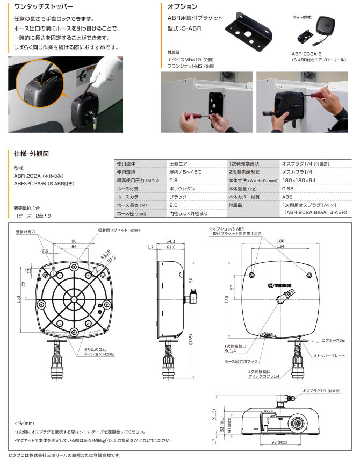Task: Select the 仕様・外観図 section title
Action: (x=32, y=153)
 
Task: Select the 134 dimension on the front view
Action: (x=281, y=246)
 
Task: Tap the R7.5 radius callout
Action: (x=112, y=258)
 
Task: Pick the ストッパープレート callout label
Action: (x=330, y=355)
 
